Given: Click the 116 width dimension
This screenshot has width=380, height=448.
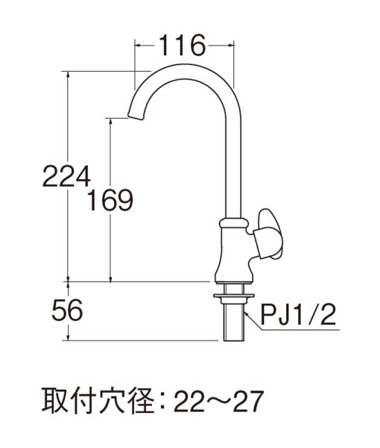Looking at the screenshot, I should (x=182, y=46).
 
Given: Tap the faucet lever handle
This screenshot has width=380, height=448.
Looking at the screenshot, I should (x=267, y=233).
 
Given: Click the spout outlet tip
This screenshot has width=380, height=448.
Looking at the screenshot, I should (x=135, y=115).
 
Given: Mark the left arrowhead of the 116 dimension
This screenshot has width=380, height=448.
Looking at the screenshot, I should (x=137, y=46).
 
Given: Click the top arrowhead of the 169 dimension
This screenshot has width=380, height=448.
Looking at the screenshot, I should (x=112, y=121).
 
